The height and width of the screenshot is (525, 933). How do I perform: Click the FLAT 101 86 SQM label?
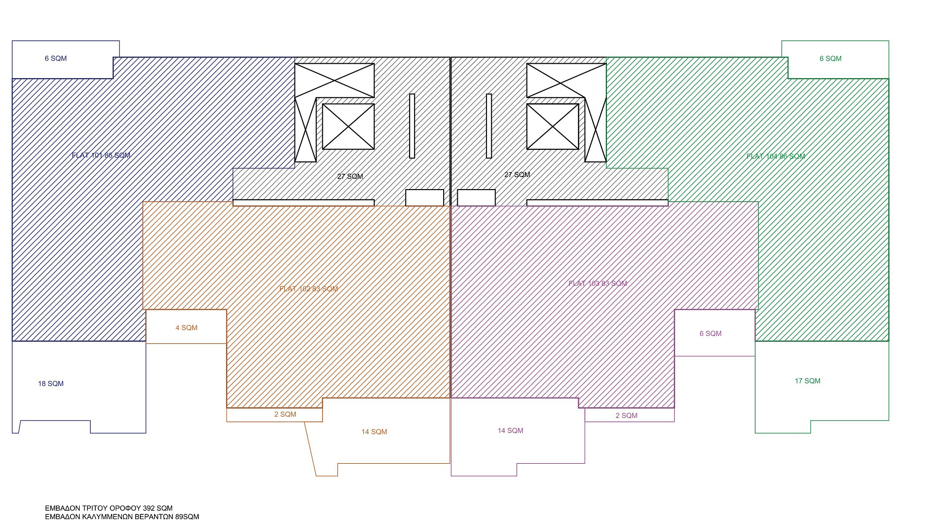point(101,156)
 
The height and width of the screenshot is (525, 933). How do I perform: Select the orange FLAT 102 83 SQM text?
point(309,289)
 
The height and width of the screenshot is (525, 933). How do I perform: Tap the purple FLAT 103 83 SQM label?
point(598,283)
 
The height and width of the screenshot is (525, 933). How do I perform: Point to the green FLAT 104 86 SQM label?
point(776,157)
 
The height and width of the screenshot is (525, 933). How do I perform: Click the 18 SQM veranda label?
point(51,384)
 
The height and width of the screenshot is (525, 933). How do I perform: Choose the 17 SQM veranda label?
point(808,381)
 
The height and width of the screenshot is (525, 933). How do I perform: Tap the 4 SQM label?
point(187,328)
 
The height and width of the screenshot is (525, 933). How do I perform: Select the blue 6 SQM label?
point(56,58)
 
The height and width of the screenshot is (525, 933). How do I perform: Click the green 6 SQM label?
point(830,59)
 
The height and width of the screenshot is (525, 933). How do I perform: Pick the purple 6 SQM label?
point(710,333)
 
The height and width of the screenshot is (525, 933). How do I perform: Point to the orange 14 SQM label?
point(374,432)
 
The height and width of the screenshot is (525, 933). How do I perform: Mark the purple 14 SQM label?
point(510,431)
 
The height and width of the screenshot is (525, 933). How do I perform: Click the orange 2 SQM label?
point(285,414)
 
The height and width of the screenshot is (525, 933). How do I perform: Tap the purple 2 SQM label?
point(626,416)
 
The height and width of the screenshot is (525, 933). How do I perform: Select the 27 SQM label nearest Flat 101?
point(350,176)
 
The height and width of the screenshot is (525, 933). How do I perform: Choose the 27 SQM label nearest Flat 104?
point(517,175)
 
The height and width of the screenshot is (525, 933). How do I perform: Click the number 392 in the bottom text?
point(149,508)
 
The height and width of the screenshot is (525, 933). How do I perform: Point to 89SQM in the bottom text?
point(187,517)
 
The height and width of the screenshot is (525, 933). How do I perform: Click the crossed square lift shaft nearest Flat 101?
point(348,126)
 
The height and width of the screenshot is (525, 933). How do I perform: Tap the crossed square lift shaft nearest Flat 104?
point(553,126)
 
